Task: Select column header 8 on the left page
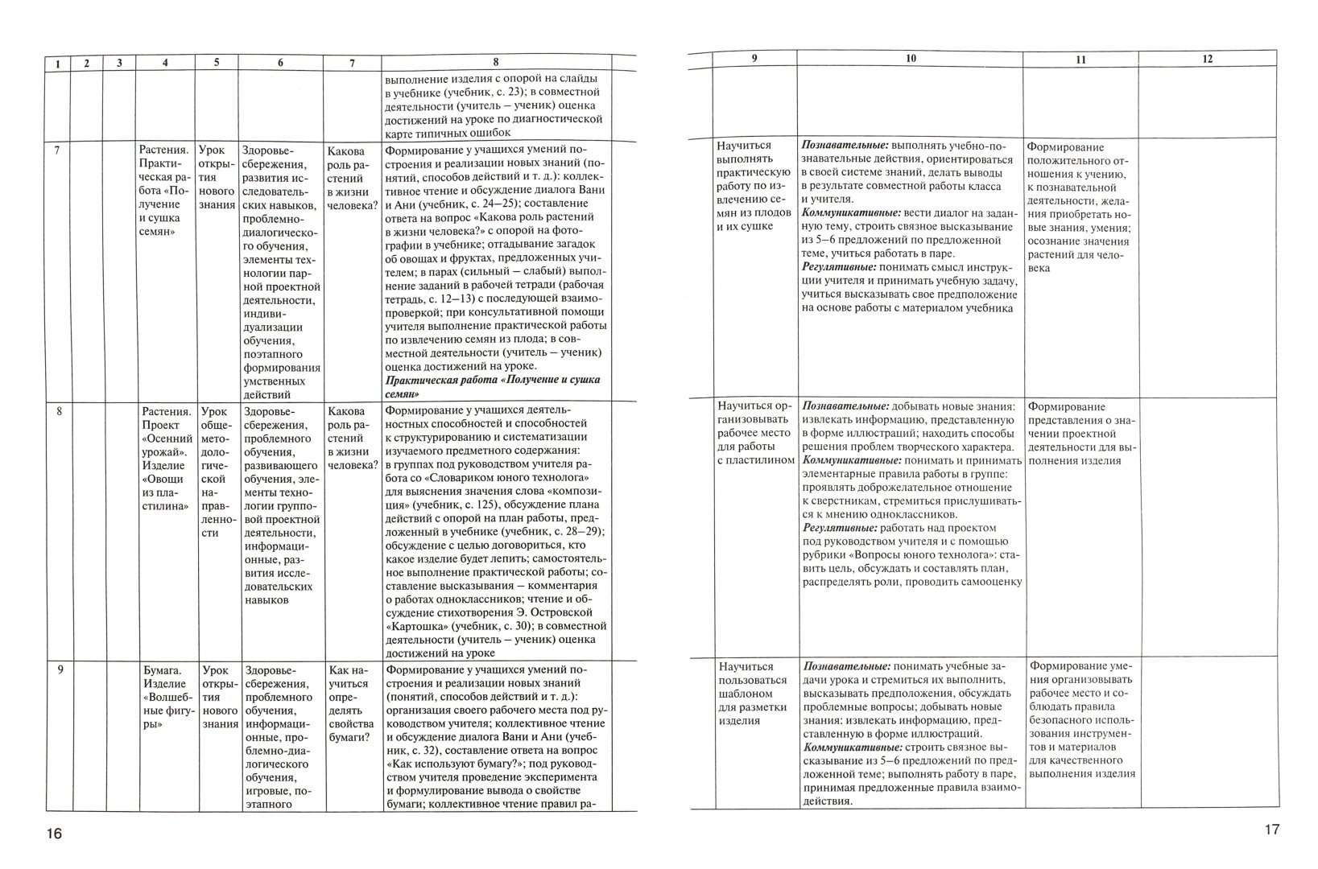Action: (495, 63)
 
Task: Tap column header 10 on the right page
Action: (910, 59)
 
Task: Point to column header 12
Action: (1206, 59)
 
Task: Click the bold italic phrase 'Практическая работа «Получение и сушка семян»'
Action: (493, 386)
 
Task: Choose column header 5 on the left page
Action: (216, 63)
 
